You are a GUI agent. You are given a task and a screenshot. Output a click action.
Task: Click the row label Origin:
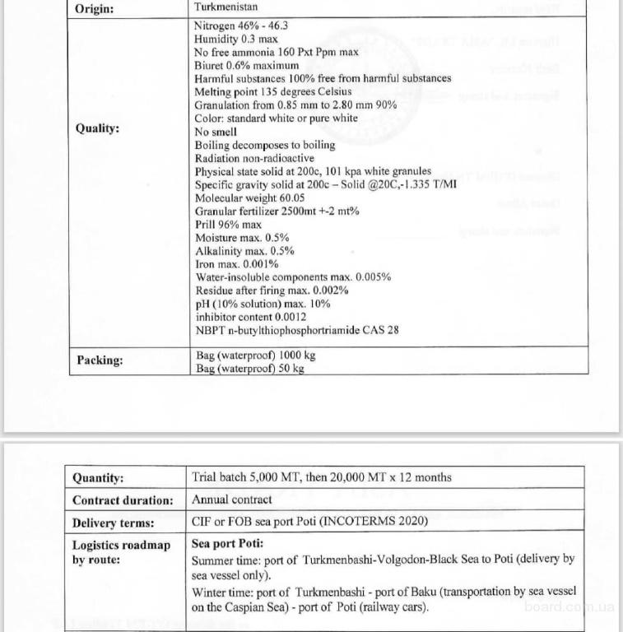(x=95, y=9)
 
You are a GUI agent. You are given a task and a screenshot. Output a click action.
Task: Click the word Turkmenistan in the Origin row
(x=224, y=7)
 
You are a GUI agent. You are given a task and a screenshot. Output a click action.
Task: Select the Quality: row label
(x=97, y=128)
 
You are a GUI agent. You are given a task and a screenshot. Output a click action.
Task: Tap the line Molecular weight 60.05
(x=249, y=197)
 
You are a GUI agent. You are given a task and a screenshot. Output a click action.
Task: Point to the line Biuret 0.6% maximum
(x=247, y=65)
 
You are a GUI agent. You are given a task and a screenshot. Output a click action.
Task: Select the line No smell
(x=216, y=132)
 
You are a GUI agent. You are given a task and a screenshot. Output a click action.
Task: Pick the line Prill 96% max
(x=228, y=224)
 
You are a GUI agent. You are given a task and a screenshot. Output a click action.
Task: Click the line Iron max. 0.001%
(x=236, y=264)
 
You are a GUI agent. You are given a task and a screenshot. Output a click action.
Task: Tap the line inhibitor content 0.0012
(x=250, y=317)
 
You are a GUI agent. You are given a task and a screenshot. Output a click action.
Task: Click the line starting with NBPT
(x=296, y=330)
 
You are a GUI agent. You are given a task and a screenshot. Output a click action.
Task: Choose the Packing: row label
(x=100, y=360)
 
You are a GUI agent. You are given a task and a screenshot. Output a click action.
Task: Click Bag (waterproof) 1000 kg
(x=254, y=355)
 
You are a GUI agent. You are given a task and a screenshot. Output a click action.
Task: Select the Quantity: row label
(x=98, y=478)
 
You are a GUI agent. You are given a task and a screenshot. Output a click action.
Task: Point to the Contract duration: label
(x=123, y=500)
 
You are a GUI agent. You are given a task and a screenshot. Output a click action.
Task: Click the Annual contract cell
(x=231, y=500)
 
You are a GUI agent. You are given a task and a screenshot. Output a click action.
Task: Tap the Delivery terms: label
(x=113, y=523)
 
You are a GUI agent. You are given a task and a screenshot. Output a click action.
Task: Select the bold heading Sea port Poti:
(x=227, y=544)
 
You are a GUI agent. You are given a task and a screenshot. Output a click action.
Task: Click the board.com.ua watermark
(x=569, y=606)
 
